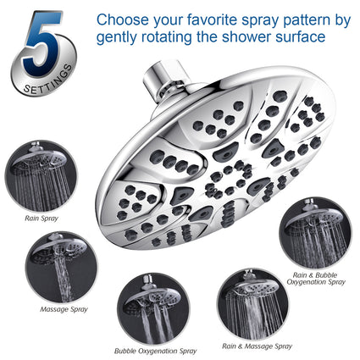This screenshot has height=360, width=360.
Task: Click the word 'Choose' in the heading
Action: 123,19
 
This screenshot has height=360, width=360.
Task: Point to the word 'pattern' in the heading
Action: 307,19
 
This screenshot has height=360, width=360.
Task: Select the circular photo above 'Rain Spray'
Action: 42,176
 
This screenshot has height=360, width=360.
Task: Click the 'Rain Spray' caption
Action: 42,219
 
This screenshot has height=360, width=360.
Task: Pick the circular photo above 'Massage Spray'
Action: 62,267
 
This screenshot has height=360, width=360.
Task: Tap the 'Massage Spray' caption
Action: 64,309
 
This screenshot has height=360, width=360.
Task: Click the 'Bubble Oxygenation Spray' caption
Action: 155,351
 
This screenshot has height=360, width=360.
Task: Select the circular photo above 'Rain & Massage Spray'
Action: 253,304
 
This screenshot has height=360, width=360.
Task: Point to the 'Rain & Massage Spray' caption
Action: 257,346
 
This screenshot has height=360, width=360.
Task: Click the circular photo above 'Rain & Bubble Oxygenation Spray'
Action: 315,233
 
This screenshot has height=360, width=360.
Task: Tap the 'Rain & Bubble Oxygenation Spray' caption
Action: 316,279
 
